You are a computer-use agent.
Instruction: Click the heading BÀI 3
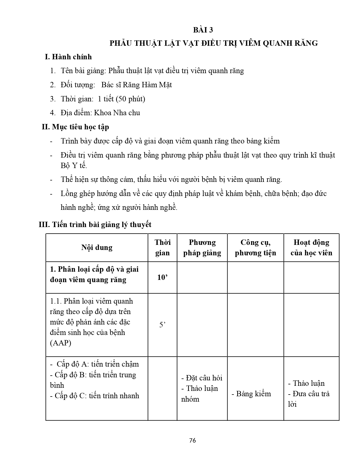coord(203,30)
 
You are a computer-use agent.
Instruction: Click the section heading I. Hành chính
coord(68,57)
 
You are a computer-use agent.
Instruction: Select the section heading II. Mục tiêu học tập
coord(75,127)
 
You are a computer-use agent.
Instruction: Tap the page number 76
coord(193,440)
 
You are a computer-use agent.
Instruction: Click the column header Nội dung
coord(97,247)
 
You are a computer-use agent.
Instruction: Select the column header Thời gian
coord(162,247)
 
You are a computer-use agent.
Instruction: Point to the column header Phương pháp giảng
coord(202,247)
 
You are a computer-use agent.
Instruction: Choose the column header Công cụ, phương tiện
coord(255,247)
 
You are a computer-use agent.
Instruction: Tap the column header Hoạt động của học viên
coord(311,247)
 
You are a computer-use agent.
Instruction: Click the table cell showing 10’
coord(162,277)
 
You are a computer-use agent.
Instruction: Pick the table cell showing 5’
coord(162,325)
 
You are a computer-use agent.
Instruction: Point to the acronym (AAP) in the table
coord(61,343)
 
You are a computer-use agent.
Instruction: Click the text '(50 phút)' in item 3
coord(129,99)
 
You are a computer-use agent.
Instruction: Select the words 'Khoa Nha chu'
coord(117,113)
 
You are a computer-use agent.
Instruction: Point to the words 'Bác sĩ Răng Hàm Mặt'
coord(137,85)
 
